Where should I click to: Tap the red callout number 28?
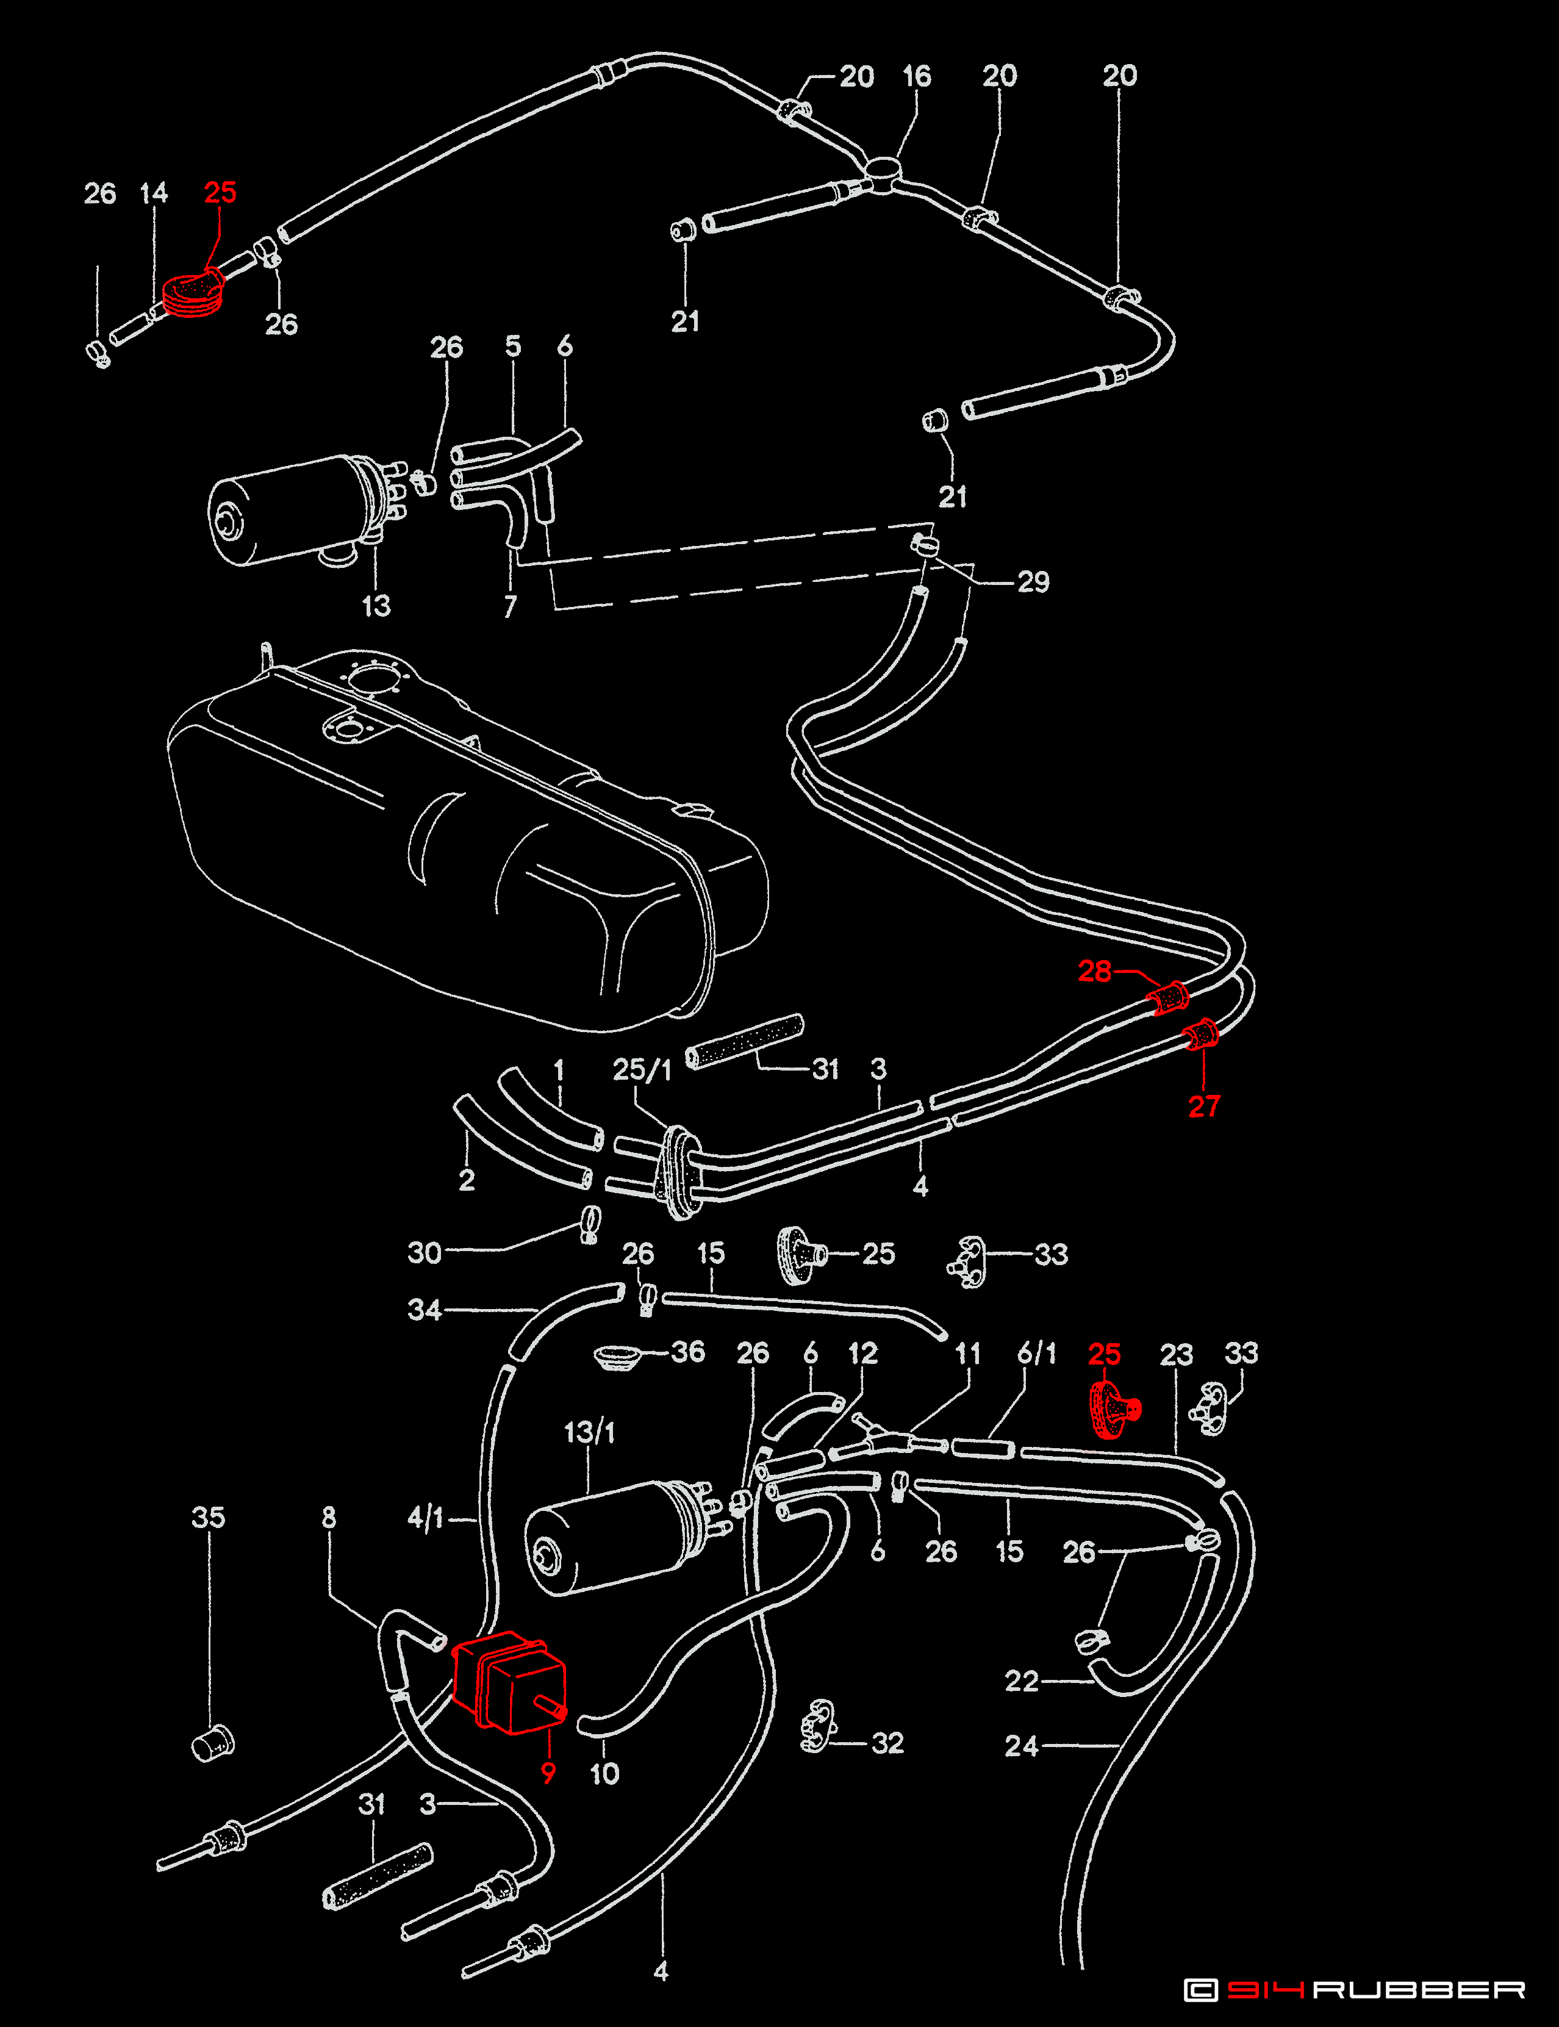click(x=1094, y=971)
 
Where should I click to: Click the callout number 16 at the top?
click(x=917, y=76)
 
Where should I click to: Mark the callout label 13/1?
click(x=589, y=1432)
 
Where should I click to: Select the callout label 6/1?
click(x=1036, y=1353)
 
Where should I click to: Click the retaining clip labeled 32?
click(x=819, y=1726)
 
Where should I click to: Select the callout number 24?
click(x=1021, y=1746)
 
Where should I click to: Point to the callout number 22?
click(x=1021, y=1681)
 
